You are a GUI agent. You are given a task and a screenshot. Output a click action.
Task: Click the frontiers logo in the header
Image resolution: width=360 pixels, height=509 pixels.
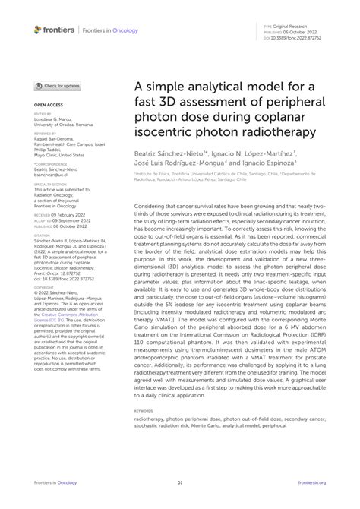[54, 30]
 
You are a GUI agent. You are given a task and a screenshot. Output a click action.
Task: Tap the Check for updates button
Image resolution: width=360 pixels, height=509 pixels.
[55, 87]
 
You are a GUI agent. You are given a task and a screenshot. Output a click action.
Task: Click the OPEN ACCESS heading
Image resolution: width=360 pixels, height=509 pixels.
[47, 106]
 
